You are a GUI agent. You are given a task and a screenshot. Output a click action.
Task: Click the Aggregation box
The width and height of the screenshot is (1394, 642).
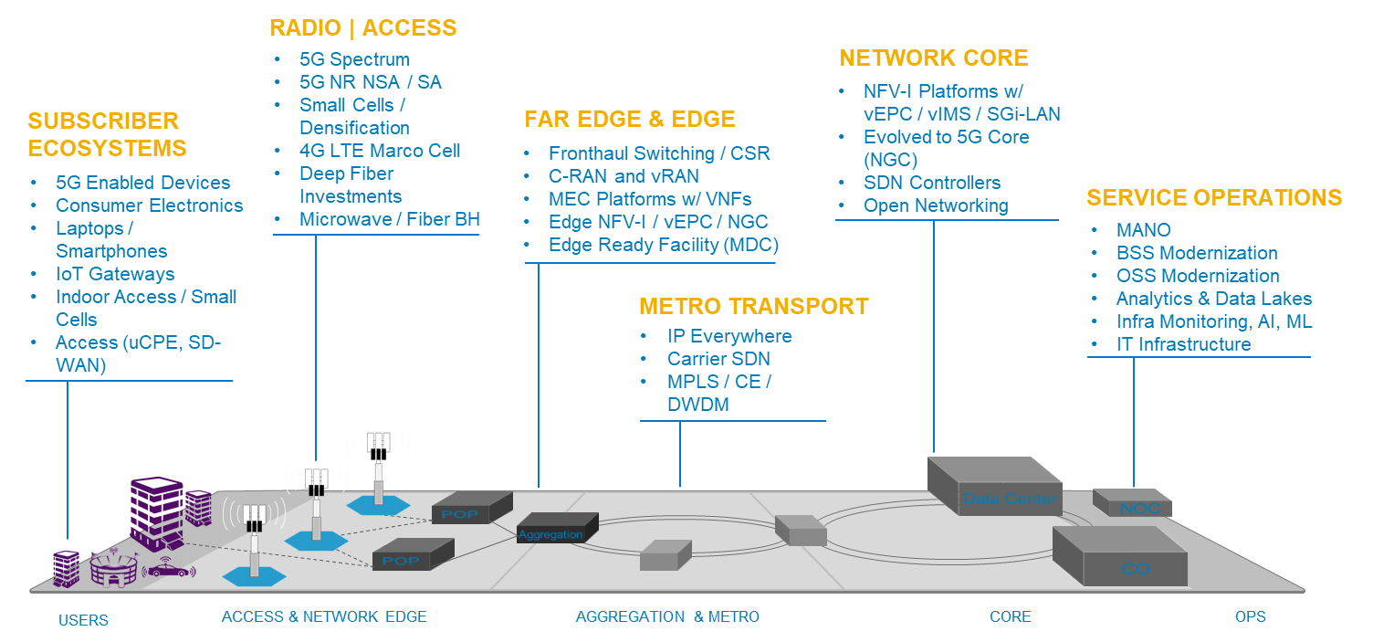click(x=556, y=530)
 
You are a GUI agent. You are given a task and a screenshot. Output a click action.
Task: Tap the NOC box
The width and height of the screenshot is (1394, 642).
click(x=1133, y=505)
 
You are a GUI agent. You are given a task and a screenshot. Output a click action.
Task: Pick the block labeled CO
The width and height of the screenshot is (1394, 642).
click(x=1119, y=559)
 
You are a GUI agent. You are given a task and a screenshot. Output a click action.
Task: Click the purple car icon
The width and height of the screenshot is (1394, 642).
click(x=171, y=569)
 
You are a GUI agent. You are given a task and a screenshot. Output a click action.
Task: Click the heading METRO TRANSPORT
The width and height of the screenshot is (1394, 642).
click(x=753, y=306)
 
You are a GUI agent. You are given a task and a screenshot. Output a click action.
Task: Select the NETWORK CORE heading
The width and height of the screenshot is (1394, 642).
click(x=933, y=58)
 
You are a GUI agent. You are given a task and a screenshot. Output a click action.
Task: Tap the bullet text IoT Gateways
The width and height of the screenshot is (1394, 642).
click(x=115, y=274)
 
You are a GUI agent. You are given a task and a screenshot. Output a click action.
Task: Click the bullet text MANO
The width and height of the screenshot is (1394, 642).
click(x=1143, y=230)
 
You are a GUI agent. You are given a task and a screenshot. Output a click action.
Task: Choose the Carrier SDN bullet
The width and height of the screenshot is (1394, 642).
click(x=718, y=359)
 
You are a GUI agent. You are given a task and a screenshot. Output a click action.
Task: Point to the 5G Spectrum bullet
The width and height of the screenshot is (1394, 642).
click(x=354, y=59)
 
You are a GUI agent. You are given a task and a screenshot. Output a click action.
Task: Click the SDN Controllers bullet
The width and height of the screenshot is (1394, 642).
click(x=932, y=183)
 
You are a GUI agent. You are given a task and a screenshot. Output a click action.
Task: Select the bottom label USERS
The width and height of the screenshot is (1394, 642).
click(x=83, y=620)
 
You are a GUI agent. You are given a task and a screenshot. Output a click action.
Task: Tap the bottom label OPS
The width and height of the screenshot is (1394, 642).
click(x=1250, y=617)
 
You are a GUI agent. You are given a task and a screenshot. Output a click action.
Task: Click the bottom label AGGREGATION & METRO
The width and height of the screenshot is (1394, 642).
click(x=666, y=617)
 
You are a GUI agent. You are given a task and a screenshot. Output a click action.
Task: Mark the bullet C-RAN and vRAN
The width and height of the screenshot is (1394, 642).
click(x=624, y=176)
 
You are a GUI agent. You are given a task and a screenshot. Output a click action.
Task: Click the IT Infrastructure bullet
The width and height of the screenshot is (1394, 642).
click(x=1183, y=344)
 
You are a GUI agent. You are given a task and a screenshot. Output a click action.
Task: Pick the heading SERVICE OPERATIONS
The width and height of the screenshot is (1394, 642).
click(x=1213, y=198)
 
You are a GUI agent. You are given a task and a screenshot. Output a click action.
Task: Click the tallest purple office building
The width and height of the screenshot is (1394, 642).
click(x=155, y=513)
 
